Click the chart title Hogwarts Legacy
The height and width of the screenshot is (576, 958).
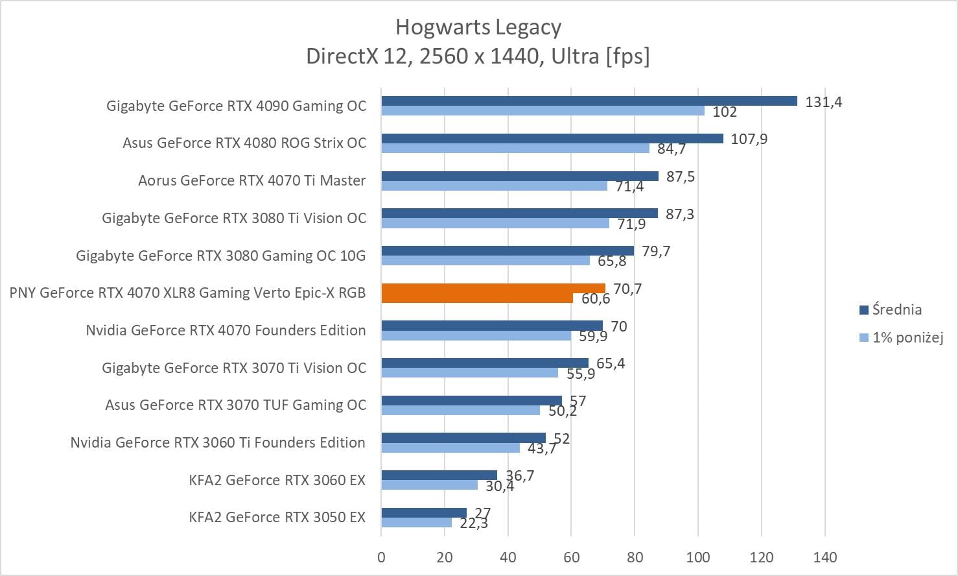coord(478,27)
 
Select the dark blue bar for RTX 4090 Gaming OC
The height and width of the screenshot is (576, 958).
coord(589,101)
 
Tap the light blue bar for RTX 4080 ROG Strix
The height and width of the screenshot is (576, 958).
coord(515,149)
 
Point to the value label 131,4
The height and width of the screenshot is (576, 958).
coord(823,102)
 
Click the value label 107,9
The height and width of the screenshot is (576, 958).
coord(749,139)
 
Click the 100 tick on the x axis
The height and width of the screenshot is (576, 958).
coord(698,557)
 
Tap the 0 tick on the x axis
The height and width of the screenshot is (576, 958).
coord(381,557)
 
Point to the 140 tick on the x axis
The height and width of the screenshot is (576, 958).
coord(824,557)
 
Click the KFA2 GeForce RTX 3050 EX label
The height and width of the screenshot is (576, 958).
coord(277,517)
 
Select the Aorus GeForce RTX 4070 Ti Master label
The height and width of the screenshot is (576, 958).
coord(251,180)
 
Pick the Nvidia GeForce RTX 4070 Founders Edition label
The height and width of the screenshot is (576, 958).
coord(226,330)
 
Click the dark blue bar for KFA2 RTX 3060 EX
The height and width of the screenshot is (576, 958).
coord(439,475)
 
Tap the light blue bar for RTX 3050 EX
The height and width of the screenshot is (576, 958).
coord(416,522)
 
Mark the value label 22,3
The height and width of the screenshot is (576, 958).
coord(474,523)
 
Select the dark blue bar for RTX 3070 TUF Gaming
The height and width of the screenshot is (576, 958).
coord(471,400)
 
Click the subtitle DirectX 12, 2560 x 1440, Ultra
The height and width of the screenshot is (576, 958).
coord(478,56)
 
